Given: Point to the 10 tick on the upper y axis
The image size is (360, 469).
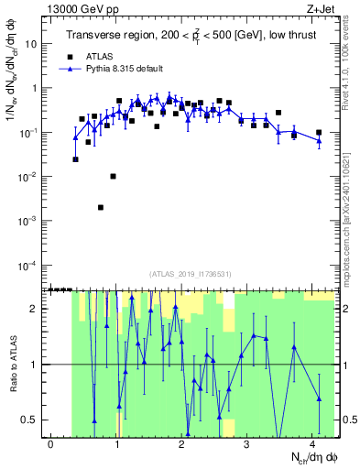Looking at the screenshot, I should pyautogui.click(x=38, y=43).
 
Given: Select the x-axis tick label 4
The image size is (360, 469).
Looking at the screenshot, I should pyautogui.click(x=313, y=444).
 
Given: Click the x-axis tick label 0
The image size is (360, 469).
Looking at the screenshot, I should pyautogui.click(x=51, y=444).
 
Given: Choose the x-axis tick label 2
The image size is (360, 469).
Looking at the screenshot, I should pyautogui.click(x=182, y=444).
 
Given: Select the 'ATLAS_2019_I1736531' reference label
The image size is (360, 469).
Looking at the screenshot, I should pyautogui.click(x=189, y=274).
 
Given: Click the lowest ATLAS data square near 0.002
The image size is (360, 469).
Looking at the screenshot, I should pyautogui.click(x=101, y=208).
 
